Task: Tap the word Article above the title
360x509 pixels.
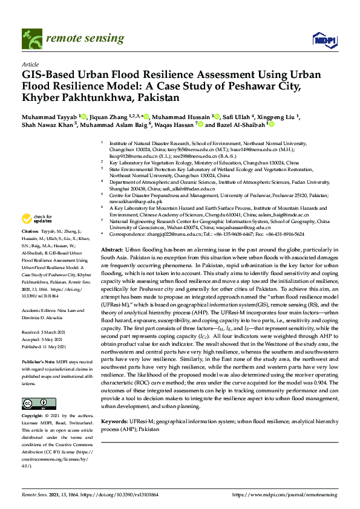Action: click(x=30, y=63)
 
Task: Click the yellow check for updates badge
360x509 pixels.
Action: click(x=36, y=218)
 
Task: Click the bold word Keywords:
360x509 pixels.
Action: click(x=114, y=420)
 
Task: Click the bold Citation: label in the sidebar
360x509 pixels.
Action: click(x=30, y=231)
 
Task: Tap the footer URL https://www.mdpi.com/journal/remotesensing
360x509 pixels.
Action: click(x=285, y=494)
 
